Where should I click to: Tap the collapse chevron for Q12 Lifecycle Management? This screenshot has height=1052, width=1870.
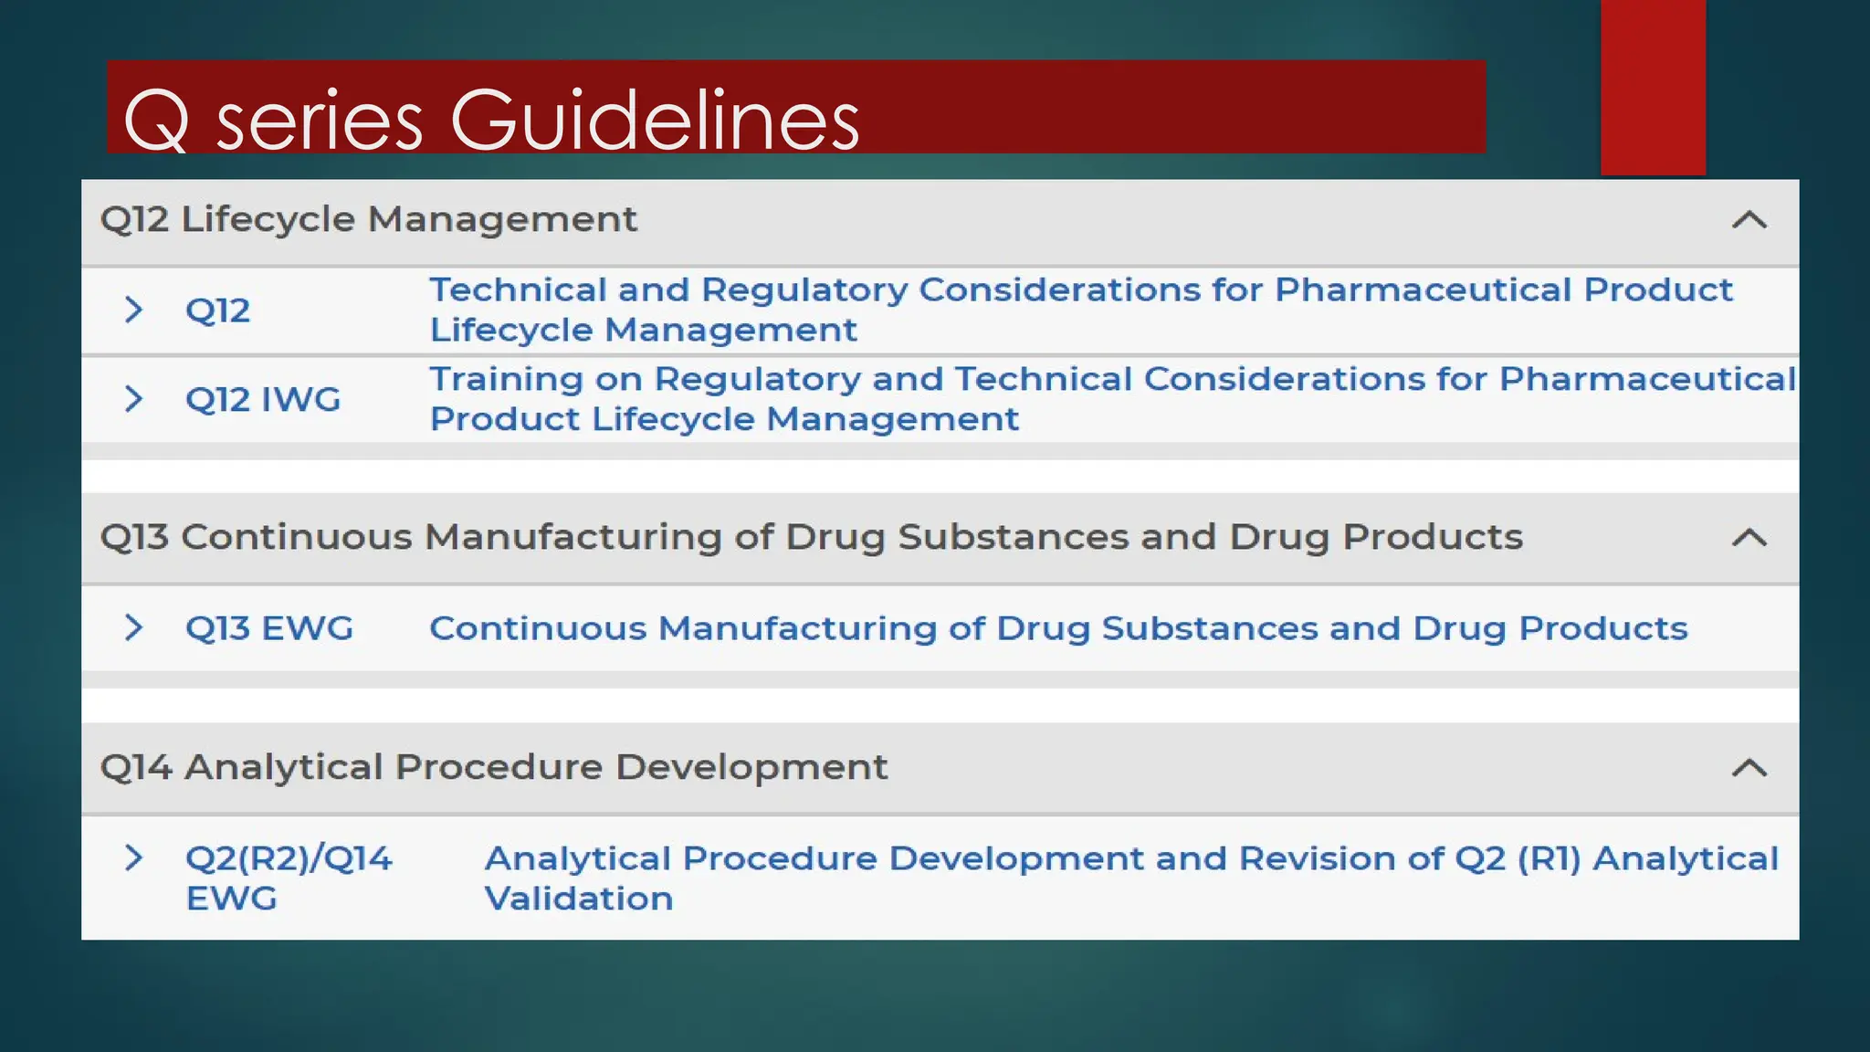1749,220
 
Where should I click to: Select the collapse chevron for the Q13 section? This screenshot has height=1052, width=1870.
1749,538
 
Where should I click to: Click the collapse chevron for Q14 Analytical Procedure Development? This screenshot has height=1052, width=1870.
1749,768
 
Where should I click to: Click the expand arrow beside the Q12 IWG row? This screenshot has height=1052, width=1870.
133,398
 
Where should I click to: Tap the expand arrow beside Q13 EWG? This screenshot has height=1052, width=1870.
133,627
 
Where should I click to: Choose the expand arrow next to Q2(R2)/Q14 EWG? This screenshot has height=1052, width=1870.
133,857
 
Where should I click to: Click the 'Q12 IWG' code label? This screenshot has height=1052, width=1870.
263,399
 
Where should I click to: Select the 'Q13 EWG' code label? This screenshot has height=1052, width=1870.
268,628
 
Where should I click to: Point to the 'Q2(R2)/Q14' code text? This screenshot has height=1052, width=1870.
289,858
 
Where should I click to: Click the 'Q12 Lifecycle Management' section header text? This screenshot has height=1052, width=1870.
368,219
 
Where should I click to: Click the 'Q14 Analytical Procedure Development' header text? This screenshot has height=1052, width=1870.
493,767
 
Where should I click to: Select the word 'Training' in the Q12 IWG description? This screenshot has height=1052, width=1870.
506,380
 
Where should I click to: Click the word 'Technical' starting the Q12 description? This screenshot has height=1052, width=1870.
518,289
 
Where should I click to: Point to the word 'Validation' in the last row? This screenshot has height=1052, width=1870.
578,899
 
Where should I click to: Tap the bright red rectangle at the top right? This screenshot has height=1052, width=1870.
1653,87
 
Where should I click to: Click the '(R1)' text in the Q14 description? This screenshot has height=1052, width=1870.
1549,858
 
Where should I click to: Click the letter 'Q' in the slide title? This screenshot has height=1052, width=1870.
156,121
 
